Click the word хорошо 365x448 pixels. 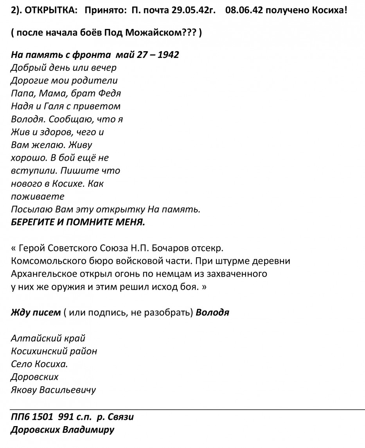click(27, 158)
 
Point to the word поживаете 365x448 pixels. click(38, 196)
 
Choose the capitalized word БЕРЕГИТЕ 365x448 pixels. click(36, 222)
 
